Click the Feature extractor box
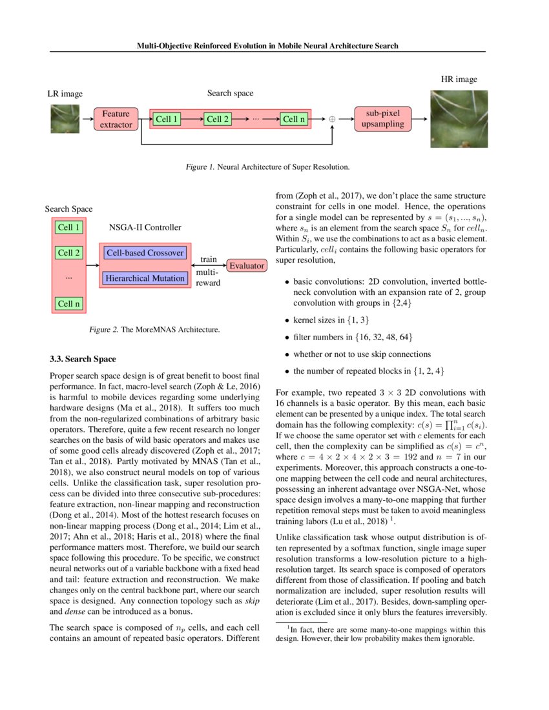(117, 119)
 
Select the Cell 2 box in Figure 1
(218, 119)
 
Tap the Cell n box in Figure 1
(294, 119)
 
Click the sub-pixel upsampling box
(383, 119)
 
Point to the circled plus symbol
(333, 119)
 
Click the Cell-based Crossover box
(145, 252)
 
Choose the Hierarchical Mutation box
(145, 278)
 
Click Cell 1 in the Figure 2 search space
(68, 227)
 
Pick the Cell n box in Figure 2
(68, 303)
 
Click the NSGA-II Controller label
(145, 227)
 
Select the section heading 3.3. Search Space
(83, 358)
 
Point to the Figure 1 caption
(267, 167)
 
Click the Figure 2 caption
(154, 330)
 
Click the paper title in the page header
(267, 46)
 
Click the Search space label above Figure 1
(230, 93)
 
